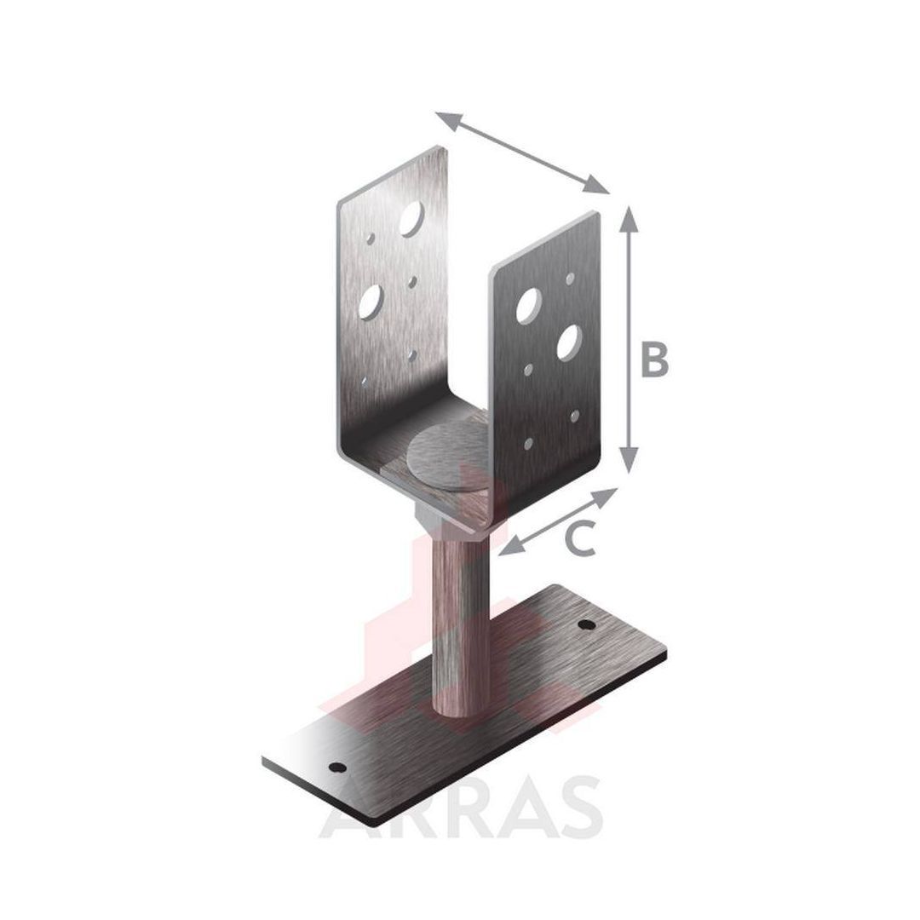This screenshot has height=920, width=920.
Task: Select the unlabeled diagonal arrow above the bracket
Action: pos(522,152)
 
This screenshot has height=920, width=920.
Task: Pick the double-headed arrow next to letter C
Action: pos(558,521)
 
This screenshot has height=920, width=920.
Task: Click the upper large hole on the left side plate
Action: pos(411,219)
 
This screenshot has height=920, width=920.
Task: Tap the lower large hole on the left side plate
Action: pos(371,302)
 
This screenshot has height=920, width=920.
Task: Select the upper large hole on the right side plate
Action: pos(528,305)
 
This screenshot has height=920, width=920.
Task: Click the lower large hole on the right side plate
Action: pos(568,342)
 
